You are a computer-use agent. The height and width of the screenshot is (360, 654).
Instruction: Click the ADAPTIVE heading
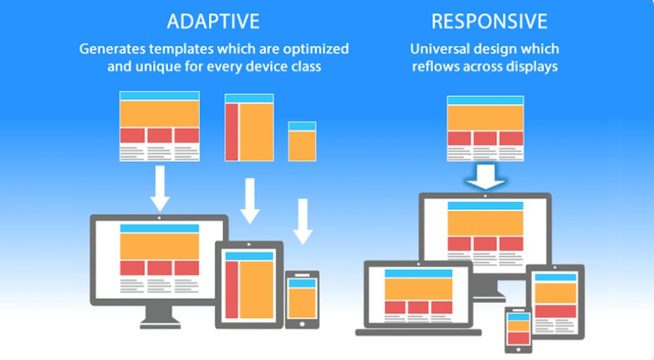pyautogui.click(x=213, y=21)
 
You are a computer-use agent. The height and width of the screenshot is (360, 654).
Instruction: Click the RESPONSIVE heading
pyautogui.click(x=489, y=21)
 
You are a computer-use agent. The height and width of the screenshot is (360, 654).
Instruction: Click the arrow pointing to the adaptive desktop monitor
pyautogui.click(x=160, y=188)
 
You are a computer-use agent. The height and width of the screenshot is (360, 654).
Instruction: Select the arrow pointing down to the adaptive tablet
pyautogui.click(x=250, y=201)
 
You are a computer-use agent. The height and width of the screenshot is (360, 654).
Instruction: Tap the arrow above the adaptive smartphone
pyautogui.click(x=303, y=221)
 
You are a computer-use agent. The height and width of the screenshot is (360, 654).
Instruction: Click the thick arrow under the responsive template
pyautogui.click(x=485, y=176)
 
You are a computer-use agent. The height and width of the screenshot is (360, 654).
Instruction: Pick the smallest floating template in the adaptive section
pyautogui.click(x=302, y=141)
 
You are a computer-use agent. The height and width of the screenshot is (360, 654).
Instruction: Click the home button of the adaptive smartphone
pyautogui.click(x=302, y=324)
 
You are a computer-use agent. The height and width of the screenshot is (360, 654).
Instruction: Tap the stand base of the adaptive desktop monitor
pyautogui.click(x=160, y=324)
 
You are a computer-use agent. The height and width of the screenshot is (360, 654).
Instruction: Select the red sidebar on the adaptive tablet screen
pyautogui.click(x=232, y=290)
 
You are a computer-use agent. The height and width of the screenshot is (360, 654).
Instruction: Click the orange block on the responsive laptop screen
pyautogui.click(x=418, y=289)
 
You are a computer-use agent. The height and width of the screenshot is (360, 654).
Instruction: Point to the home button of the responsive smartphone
pyautogui.click(x=519, y=349)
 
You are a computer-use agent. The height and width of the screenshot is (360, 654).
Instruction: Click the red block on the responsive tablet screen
pyautogui.click(x=556, y=311)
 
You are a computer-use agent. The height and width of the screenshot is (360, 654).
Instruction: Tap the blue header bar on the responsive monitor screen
pyautogui.click(x=485, y=206)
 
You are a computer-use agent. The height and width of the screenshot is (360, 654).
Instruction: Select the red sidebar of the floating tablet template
pyautogui.click(x=232, y=132)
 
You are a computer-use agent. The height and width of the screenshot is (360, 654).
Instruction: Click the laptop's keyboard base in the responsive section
pyautogui.click(x=418, y=333)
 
